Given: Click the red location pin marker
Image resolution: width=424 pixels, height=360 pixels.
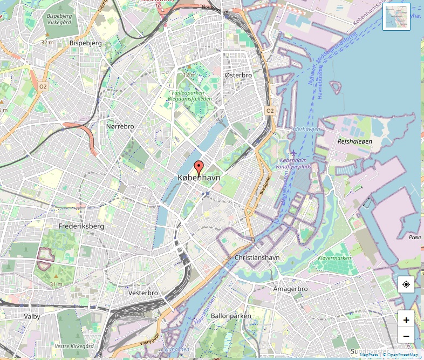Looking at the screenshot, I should [199, 167].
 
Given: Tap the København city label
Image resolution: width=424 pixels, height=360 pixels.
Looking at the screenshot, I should [199, 178].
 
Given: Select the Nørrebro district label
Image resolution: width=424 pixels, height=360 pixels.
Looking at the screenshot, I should [120, 126].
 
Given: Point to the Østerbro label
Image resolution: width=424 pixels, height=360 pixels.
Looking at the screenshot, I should [238, 75].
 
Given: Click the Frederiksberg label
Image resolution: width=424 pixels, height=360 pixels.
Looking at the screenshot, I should [81, 226].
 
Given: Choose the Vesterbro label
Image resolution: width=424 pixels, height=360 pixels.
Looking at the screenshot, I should [143, 293].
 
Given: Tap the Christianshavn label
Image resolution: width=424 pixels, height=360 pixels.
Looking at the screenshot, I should [257, 257].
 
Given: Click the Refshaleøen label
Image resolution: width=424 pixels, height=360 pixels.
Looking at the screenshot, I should [354, 141].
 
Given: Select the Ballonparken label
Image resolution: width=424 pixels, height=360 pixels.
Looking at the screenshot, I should [231, 315].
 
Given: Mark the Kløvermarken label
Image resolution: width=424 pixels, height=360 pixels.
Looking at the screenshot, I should [334, 258].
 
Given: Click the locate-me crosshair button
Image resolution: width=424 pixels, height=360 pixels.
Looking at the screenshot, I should [406, 284].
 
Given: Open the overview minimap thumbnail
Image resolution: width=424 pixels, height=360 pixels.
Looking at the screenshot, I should [396, 16].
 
